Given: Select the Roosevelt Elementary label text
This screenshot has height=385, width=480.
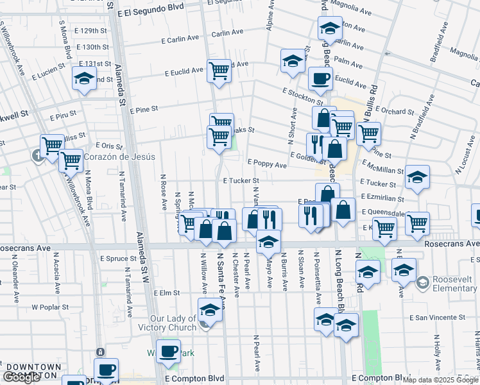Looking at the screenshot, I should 454,284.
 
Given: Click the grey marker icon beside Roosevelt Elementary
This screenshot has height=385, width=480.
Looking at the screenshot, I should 422,282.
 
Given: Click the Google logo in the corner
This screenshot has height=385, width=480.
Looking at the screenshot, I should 22,378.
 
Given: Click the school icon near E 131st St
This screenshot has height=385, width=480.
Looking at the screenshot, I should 83,78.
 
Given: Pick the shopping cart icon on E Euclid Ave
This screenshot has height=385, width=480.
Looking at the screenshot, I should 219,70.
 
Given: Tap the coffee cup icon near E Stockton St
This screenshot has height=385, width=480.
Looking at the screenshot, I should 320,79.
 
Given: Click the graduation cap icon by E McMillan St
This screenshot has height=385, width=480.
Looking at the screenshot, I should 417,177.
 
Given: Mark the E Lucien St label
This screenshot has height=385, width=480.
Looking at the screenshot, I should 49,66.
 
